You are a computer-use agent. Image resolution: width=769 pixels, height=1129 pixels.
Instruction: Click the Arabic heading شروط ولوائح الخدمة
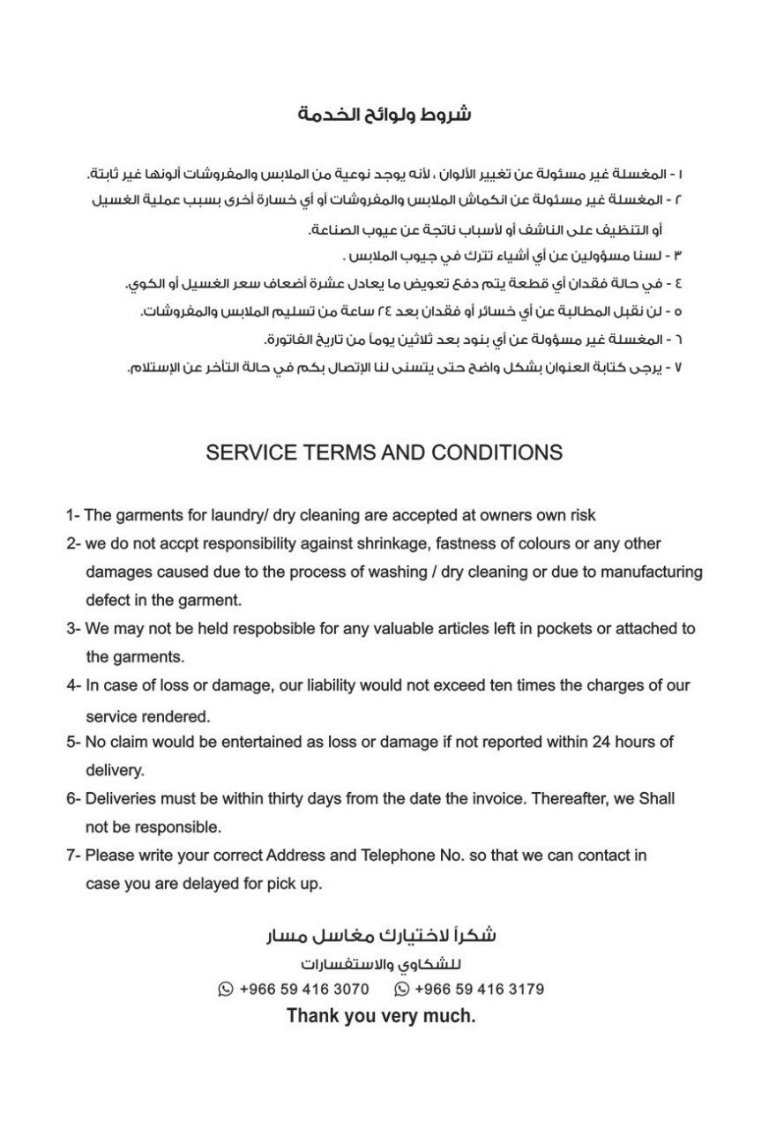(384, 116)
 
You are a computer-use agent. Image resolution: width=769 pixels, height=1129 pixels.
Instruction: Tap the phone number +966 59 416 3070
(304, 990)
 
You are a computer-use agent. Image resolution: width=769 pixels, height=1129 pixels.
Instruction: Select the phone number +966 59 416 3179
(479, 990)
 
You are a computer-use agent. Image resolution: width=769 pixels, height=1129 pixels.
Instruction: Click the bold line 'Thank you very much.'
(381, 1016)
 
